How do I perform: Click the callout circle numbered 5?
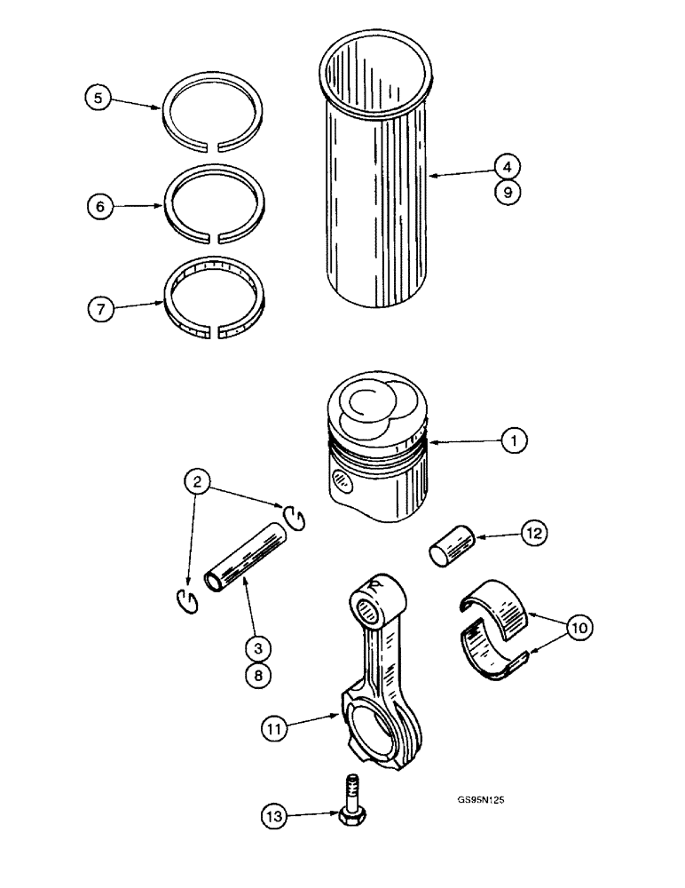pos(98,99)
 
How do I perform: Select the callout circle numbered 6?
pos(100,206)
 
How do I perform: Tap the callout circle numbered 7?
pos(100,310)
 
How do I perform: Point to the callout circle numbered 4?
pos(507,166)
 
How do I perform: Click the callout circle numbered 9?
pos(507,193)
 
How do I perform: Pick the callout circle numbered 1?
pos(513,439)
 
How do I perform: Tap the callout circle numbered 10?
pos(579,628)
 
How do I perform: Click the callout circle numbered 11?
pos(275,729)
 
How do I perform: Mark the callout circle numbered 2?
pos(199,482)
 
